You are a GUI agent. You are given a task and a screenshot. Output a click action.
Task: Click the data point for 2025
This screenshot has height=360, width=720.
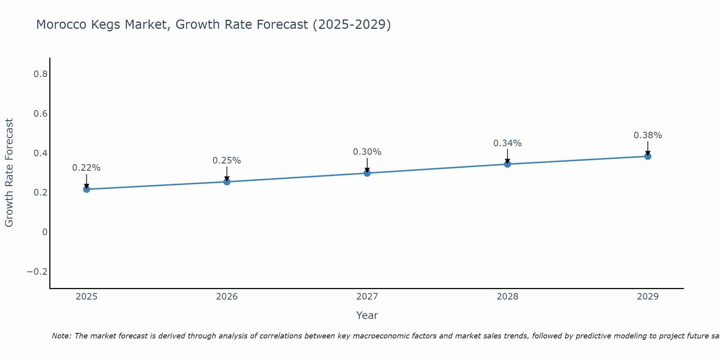(86, 189)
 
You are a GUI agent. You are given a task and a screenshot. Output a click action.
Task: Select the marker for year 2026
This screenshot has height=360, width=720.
(227, 181)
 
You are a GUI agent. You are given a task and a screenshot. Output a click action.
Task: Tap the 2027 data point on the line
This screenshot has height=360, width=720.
(367, 173)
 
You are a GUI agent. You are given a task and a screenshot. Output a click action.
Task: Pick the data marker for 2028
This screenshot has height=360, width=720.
(508, 164)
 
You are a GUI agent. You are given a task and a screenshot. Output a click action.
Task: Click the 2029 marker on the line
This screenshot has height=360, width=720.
(648, 156)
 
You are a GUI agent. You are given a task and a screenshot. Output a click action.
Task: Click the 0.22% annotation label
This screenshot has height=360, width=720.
(86, 168)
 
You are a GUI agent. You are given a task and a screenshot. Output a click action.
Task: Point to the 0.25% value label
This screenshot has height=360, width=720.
(227, 161)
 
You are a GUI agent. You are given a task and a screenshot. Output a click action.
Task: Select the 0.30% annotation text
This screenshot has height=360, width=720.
(367, 152)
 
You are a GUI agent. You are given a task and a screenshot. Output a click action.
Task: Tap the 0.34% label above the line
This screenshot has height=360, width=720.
(508, 143)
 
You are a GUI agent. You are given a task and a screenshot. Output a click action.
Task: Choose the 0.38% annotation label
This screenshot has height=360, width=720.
(648, 135)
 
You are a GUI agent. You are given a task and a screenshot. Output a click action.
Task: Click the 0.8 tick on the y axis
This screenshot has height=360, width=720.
(41, 74)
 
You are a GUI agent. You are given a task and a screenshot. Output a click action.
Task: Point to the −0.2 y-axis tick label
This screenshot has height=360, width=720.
(37, 271)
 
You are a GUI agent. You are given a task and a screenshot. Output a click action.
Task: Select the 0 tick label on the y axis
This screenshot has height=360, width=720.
(45, 232)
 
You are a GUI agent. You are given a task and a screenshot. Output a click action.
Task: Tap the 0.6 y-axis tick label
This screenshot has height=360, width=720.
(41, 114)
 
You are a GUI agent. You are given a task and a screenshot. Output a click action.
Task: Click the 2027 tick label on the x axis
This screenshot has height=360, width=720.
(367, 297)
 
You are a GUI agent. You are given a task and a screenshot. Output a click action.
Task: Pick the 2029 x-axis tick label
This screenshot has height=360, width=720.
(648, 297)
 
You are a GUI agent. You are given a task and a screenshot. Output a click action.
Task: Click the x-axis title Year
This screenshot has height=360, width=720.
(367, 315)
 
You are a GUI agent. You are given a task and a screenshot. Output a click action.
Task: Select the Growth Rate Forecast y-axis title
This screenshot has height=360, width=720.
(9, 173)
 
